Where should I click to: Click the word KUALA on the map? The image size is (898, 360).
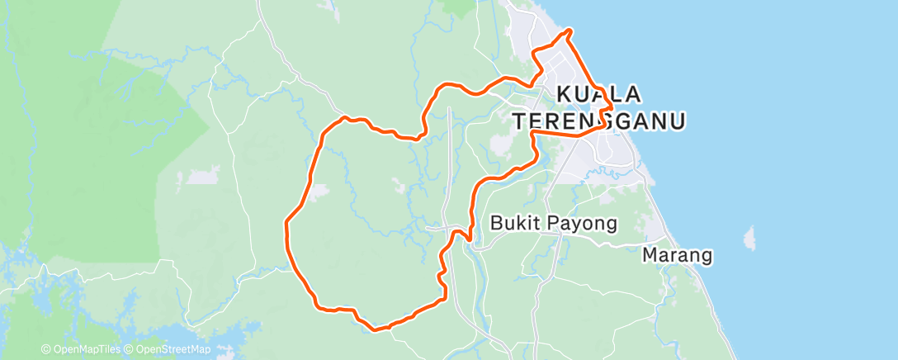(600, 94)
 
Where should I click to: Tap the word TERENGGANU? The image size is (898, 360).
(599, 121)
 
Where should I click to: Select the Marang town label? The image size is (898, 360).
(677, 255)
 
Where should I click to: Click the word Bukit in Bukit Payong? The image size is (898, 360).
(512, 223)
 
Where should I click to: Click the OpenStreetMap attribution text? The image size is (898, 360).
(172, 349)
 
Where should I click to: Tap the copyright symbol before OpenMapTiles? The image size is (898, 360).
(46, 349)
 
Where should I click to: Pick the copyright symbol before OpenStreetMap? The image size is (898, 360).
(130, 349)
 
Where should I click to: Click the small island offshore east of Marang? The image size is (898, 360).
(749, 239)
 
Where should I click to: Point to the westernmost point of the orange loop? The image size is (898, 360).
(286, 224)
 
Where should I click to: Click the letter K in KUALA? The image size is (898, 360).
(566, 94)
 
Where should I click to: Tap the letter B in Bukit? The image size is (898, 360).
(496, 223)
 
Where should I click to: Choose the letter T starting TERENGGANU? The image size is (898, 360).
(520, 121)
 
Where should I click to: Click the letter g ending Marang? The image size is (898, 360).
(706, 257)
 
